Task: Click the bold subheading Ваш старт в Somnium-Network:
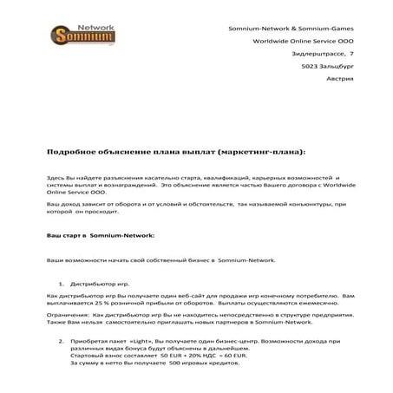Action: point(100,235)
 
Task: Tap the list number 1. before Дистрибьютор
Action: point(62,284)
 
